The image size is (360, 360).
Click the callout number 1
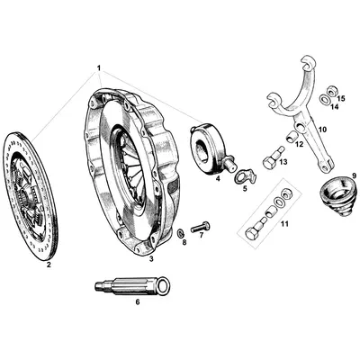point(99,68)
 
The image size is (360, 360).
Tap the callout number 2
point(49,266)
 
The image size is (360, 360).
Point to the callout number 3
point(151,259)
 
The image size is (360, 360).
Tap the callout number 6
point(137,301)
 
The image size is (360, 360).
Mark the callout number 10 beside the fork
point(323,128)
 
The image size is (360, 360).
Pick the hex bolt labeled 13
point(271,163)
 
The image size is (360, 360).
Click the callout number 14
point(333,107)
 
